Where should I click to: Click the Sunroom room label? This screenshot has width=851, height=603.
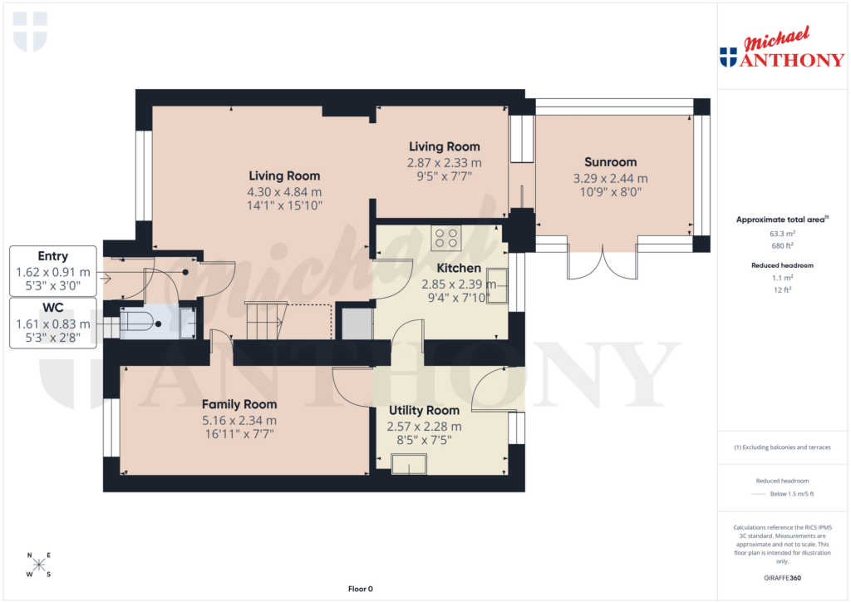point(610,162)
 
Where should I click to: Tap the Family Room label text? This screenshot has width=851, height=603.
point(239,404)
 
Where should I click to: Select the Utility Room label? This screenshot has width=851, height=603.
point(424,410)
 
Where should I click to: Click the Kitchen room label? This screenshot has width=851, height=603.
point(459,268)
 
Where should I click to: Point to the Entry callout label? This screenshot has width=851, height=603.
point(53,256)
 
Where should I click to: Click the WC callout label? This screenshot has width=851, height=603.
point(53,308)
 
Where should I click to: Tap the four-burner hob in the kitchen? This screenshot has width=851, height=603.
point(446,239)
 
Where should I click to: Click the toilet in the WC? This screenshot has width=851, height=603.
point(142,324)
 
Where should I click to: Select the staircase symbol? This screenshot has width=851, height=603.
point(263,321)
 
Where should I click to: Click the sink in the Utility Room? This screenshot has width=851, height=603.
point(409,464)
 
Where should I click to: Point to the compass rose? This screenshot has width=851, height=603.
point(38,566)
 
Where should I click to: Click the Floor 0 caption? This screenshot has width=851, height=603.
point(360,589)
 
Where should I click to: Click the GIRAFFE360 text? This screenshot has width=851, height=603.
point(782,578)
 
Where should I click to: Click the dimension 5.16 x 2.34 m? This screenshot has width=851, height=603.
point(239,421)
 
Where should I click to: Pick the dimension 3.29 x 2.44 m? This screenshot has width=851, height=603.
point(610,178)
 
